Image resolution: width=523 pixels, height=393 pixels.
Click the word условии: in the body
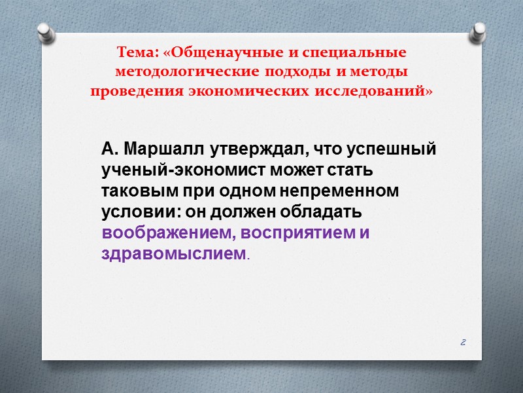[138, 214]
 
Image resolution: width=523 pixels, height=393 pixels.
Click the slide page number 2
[463, 342]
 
